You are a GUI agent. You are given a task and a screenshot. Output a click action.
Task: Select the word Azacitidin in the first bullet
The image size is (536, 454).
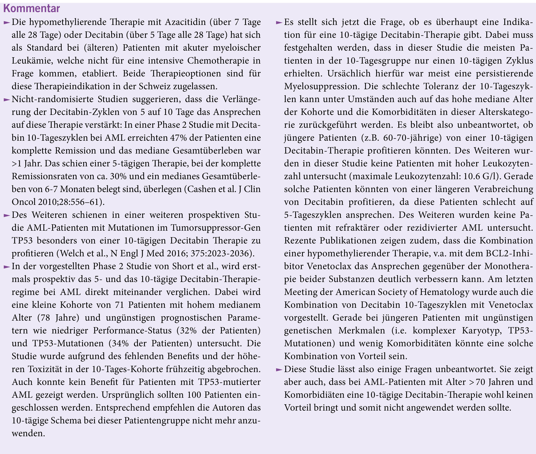pos(185,22)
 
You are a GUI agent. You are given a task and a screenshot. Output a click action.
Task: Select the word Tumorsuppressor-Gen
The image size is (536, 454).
pos(216,228)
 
